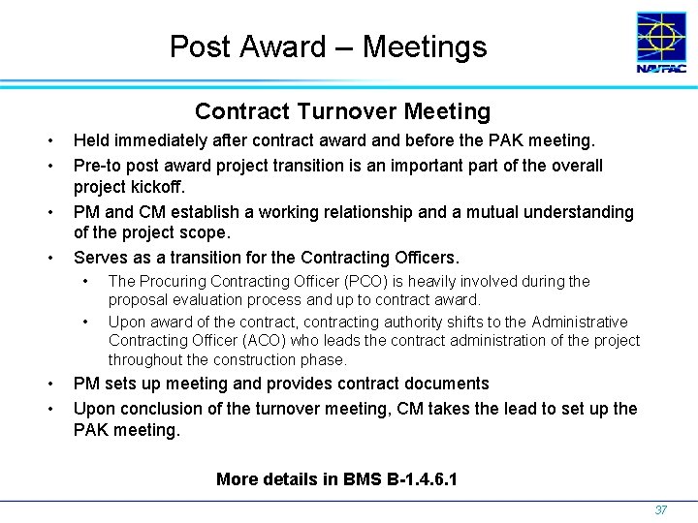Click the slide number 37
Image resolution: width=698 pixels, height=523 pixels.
[661, 509]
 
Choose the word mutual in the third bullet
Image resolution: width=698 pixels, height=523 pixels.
[468, 211]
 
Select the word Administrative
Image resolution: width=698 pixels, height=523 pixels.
[572, 321]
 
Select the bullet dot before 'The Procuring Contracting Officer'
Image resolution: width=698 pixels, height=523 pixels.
[87, 281]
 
